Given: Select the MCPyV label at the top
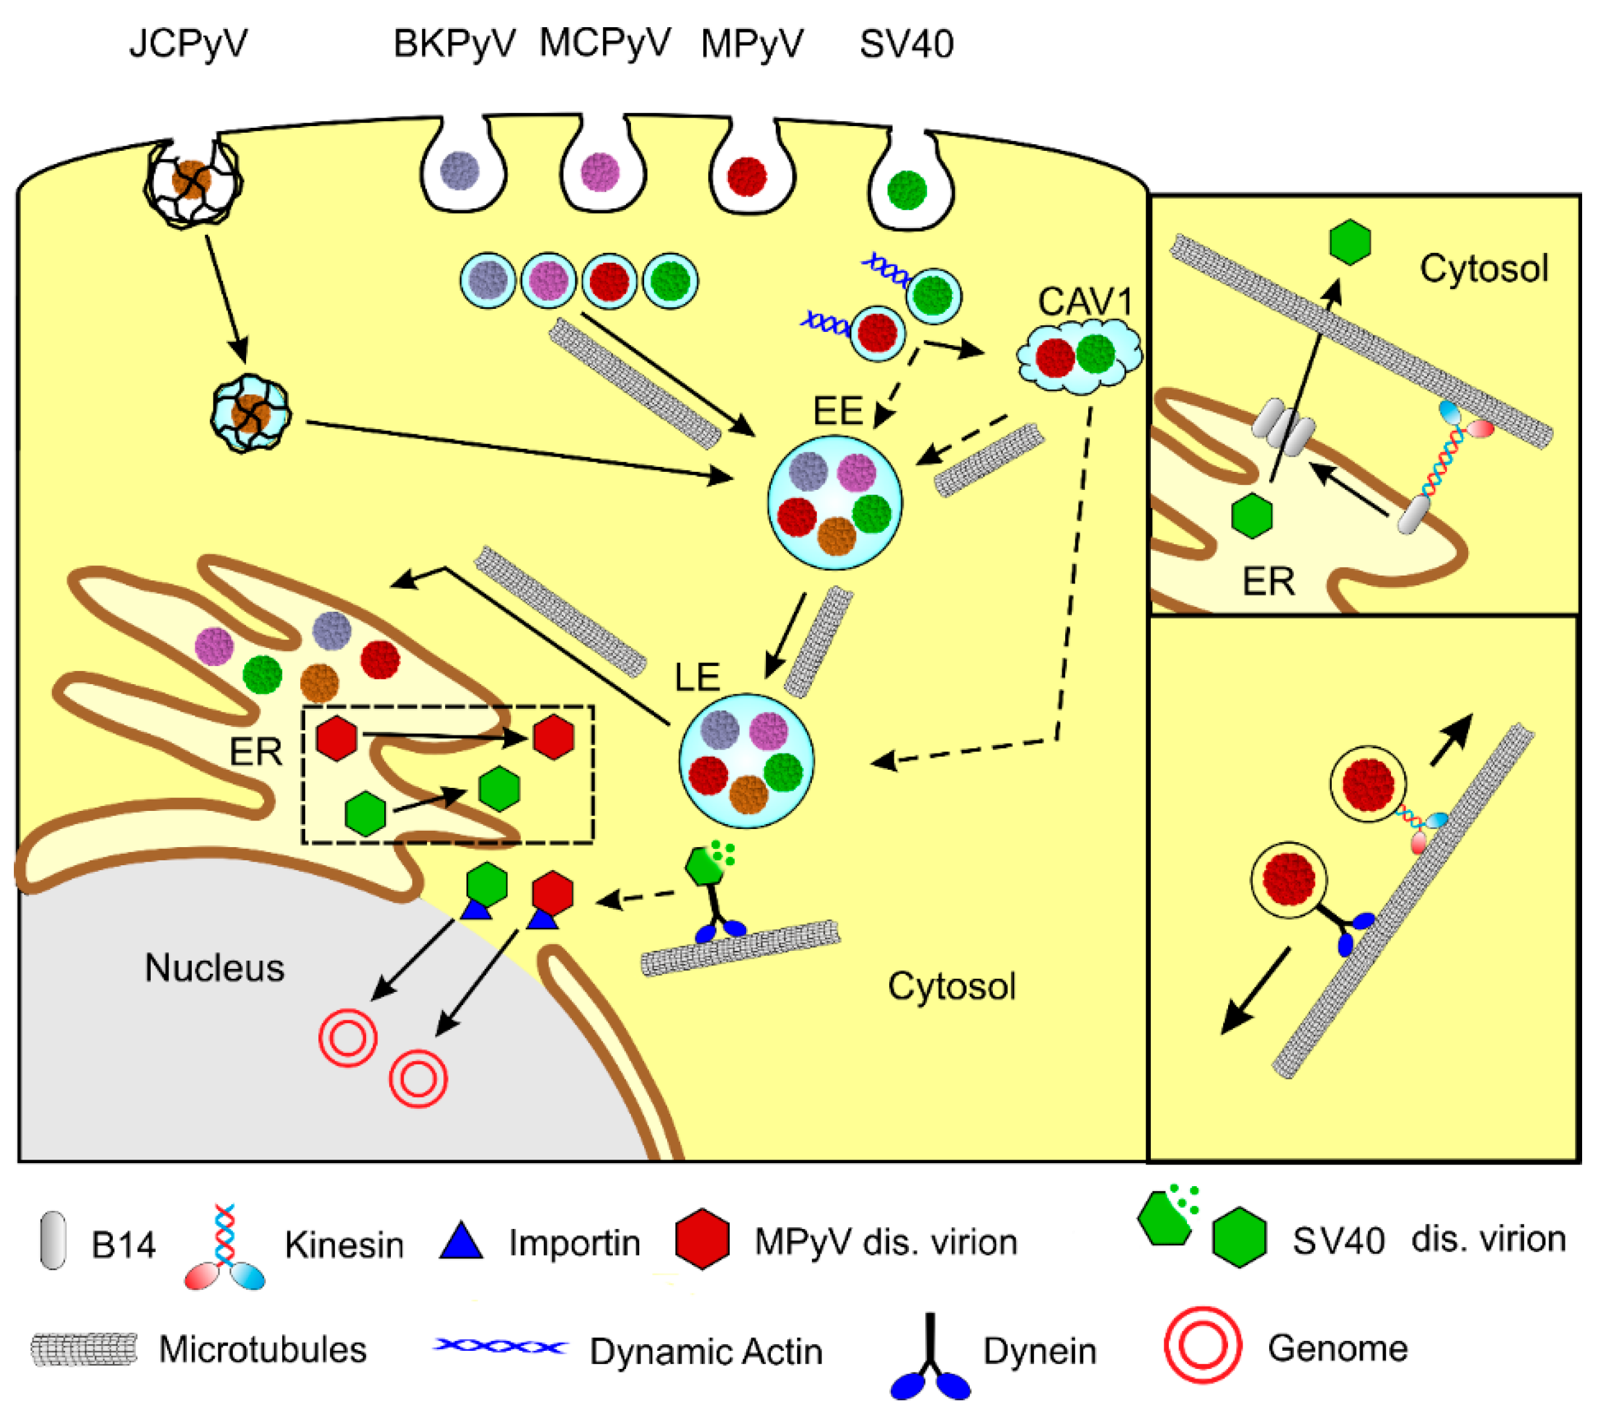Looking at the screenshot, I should click(x=605, y=43).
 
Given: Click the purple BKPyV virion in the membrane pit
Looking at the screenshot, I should click(x=459, y=171).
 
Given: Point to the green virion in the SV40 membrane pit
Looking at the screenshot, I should click(x=907, y=189).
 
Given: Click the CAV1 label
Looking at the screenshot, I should click(x=1085, y=301).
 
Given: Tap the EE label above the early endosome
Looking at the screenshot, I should click(x=837, y=411).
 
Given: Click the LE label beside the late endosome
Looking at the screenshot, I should click(x=696, y=677).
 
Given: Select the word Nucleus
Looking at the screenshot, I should click(x=214, y=968).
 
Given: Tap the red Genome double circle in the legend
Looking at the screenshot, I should click(x=1202, y=1345).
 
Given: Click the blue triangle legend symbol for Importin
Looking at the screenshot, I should click(x=461, y=1241).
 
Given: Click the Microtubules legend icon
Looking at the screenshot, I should click(x=84, y=1350).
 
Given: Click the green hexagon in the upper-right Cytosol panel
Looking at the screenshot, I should click(x=1349, y=242).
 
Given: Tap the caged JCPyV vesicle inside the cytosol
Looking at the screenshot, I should click(x=250, y=414).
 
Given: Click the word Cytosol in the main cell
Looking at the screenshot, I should click(x=951, y=986).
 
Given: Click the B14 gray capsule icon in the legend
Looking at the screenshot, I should click(x=53, y=1240).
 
